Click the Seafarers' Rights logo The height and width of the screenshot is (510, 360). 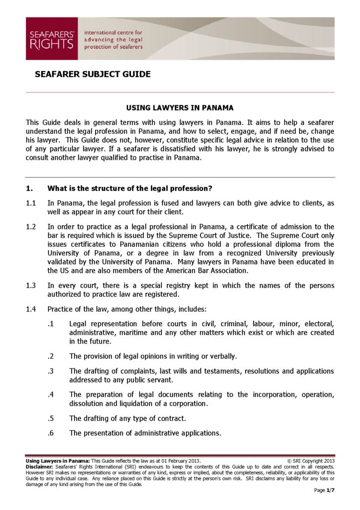[52, 39]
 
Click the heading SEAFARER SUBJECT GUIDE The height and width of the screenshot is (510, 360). [93, 75]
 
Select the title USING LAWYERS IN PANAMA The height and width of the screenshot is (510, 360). [180, 108]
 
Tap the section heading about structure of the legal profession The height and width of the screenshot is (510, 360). [129, 189]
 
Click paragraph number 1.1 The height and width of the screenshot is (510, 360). [31, 203]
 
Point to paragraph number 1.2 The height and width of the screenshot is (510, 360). [31, 227]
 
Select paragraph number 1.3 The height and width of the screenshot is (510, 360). [31, 286]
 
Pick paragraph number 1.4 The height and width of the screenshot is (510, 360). [31, 309]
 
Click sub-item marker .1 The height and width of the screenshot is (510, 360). [50, 324]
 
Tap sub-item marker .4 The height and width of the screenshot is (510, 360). [50, 395]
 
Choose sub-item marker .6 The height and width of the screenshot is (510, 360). [50, 433]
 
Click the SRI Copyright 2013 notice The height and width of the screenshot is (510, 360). [312, 461]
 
